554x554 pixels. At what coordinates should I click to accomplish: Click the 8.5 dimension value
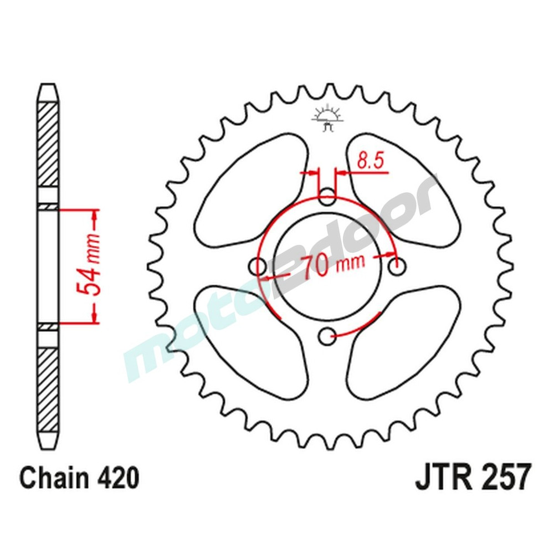point(370,161)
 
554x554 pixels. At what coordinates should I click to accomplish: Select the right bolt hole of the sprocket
point(396,267)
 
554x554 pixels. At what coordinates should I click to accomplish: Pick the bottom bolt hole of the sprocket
point(328,334)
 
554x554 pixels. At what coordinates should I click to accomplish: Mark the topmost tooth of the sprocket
point(327,89)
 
